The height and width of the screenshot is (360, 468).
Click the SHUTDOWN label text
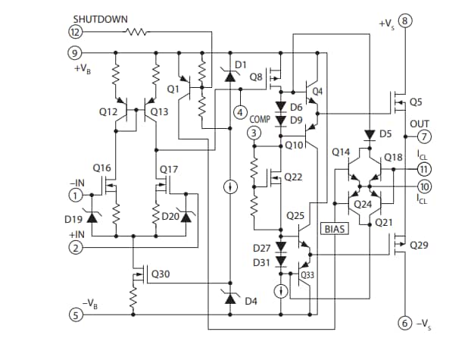100,18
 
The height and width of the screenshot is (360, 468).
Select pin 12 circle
76,32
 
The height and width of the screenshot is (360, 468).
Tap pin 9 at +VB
76,53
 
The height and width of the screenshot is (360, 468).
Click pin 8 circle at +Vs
407,20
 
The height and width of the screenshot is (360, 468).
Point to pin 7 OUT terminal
425,136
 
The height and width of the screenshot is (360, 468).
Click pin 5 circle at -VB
76,315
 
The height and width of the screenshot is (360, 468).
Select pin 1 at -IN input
76,195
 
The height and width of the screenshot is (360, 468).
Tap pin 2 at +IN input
76,248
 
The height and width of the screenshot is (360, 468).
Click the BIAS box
334,228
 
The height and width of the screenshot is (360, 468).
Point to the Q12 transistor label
109,111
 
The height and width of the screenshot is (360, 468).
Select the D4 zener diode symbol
229,299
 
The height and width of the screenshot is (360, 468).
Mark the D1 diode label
241,65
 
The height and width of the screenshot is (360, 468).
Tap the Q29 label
419,246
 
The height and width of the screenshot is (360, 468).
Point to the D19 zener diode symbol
92,218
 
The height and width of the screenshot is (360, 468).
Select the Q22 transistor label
293,177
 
